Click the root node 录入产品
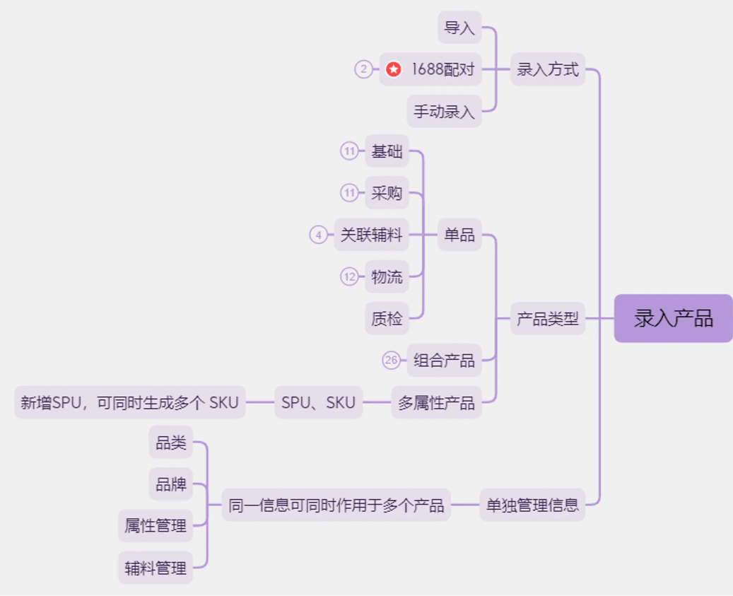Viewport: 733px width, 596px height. pyautogui.click(x=673, y=318)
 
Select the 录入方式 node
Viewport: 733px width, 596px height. pyautogui.click(x=548, y=69)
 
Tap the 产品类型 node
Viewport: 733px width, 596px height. pyautogui.click(x=548, y=319)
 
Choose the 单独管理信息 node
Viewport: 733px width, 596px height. pyautogui.click(x=532, y=505)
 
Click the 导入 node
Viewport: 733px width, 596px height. pyautogui.click(x=459, y=28)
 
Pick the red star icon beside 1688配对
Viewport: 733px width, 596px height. pyautogui.click(x=394, y=69)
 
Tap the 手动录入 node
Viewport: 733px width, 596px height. pyautogui.click(x=444, y=112)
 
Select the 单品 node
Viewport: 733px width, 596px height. pyautogui.click(x=459, y=235)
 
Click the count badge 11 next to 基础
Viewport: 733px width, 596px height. pyautogui.click(x=349, y=151)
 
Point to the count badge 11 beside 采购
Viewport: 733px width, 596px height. pyautogui.click(x=349, y=193)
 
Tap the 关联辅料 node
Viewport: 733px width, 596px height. pyautogui.click(x=372, y=235)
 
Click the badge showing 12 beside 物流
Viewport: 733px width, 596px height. pyautogui.click(x=349, y=276)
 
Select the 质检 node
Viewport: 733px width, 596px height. pyautogui.click(x=387, y=319)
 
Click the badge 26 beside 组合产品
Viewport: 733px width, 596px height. pyautogui.click(x=392, y=361)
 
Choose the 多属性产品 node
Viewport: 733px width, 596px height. pyautogui.click(x=436, y=403)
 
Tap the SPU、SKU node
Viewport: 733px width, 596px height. pyautogui.click(x=318, y=403)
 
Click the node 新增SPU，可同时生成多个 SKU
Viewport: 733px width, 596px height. pyautogui.click(x=129, y=403)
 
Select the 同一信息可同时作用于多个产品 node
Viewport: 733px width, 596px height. pyautogui.click(x=336, y=505)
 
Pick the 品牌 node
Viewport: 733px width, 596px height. pyautogui.click(x=171, y=484)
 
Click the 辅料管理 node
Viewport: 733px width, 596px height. pyautogui.click(x=156, y=568)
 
